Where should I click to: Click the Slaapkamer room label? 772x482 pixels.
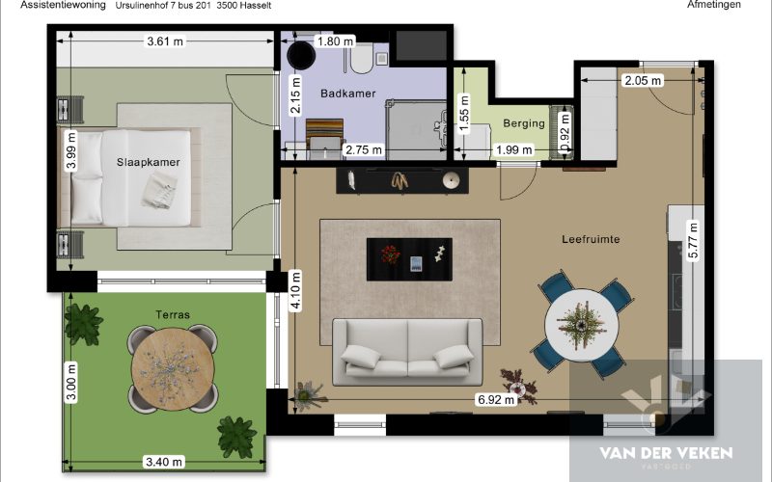pyautogui.click(x=149, y=162)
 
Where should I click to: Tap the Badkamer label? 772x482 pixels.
pyautogui.click(x=348, y=94)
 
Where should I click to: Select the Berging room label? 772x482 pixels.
pyautogui.click(x=524, y=123)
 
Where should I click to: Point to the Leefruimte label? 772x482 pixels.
pyautogui.click(x=591, y=239)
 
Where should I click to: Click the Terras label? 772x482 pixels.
pyautogui.click(x=173, y=315)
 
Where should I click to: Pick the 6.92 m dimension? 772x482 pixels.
pyautogui.click(x=496, y=399)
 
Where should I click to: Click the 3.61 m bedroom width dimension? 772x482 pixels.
pyautogui.click(x=165, y=41)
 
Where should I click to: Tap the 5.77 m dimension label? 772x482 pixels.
pyautogui.click(x=693, y=240)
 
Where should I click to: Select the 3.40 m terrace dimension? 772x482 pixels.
pyautogui.click(x=164, y=462)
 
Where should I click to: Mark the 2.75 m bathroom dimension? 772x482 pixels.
pyautogui.click(x=364, y=150)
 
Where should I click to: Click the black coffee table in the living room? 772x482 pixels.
pyautogui.click(x=409, y=259)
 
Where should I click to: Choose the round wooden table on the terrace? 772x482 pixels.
pyautogui.click(x=172, y=369)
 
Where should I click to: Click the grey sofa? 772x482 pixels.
pyautogui.click(x=407, y=352)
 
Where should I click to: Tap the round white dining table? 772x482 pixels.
pyautogui.click(x=582, y=325)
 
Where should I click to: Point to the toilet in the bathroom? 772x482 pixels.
pyautogui.click(x=362, y=59)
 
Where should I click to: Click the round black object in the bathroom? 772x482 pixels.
pyautogui.click(x=301, y=55)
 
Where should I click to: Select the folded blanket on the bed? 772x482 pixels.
pyautogui.click(x=159, y=190)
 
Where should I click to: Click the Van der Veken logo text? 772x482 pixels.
pyautogui.click(x=666, y=453)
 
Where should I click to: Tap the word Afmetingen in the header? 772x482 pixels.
pyautogui.click(x=714, y=5)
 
